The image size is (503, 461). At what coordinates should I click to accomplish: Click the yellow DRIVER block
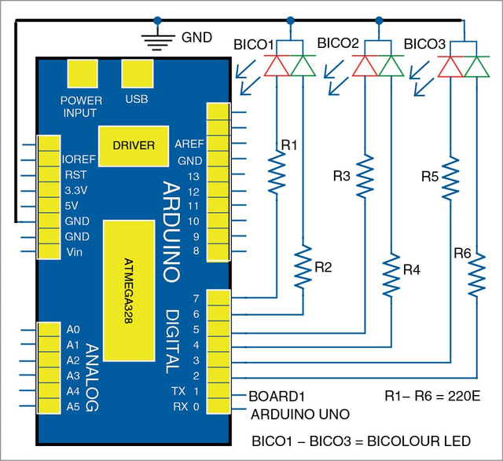[x=134, y=146]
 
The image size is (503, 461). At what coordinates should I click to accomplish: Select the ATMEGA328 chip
[x=129, y=291]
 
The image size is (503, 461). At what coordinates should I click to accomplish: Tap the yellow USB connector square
[x=138, y=73]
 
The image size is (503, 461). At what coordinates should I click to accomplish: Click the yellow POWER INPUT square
[x=83, y=73]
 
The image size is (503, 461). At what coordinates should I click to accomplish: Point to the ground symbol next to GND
[x=158, y=41]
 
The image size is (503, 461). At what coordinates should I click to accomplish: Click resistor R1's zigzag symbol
[x=277, y=172]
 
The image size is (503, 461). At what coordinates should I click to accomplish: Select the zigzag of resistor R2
[x=303, y=267]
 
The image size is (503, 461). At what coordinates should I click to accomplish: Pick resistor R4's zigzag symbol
[x=391, y=275]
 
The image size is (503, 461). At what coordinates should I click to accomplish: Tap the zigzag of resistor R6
[x=477, y=275]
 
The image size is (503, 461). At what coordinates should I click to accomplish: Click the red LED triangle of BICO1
[x=277, y=65]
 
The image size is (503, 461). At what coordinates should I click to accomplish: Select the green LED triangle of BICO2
[x=391, y=65]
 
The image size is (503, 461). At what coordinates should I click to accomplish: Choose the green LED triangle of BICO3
[x=477, y=66]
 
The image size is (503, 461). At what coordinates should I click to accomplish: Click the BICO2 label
[x=338, y=43]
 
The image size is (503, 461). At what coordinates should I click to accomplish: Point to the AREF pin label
[x=189, y=144]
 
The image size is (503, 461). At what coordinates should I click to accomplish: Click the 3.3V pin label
[x=76, y=190]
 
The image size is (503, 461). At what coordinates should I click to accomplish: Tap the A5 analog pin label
[x=73, y=407]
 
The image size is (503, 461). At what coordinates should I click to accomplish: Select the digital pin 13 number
[x=194, y=177]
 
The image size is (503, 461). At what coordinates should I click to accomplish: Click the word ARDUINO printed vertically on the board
[x=171, y=232]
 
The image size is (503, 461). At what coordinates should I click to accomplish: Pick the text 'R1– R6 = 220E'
[x=432, y=397]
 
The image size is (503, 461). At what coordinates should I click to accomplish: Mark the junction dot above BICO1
[x=290, y=21]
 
